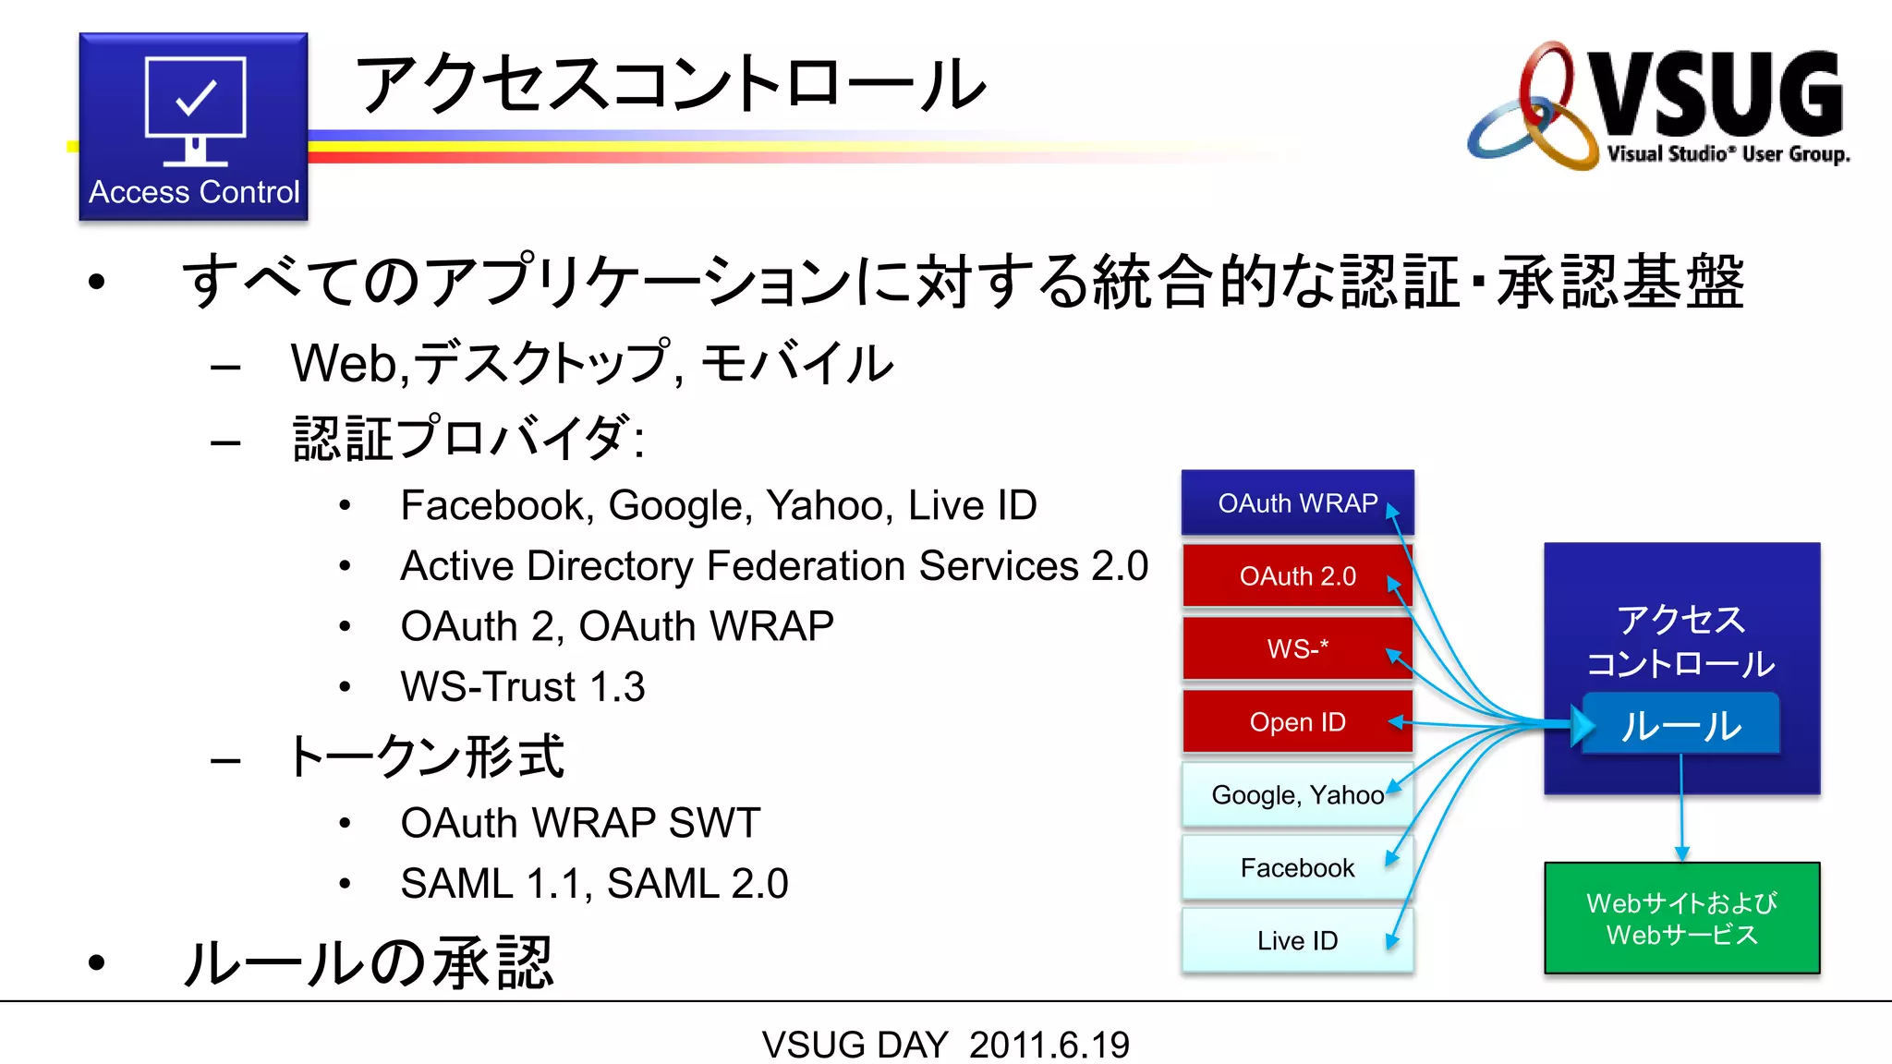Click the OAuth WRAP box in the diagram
[1297, 503]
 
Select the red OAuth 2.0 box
[1297, 576]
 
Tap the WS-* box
[1297, 648]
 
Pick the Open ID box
[1297, 721]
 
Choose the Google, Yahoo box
[1297, 794]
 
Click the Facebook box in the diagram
[1297, 867]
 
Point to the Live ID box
[1297, 940]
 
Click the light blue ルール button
[1681, 726]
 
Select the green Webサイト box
[1681, 918]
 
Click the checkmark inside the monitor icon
[196, 97]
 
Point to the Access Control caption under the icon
[194, 192]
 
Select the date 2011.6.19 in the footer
[1049, 1045]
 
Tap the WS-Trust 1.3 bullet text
[522, 686]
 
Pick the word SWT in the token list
[714, 822]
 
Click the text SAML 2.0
[697, 883]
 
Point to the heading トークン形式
[426, 757]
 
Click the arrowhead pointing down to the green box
[1681, 853]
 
